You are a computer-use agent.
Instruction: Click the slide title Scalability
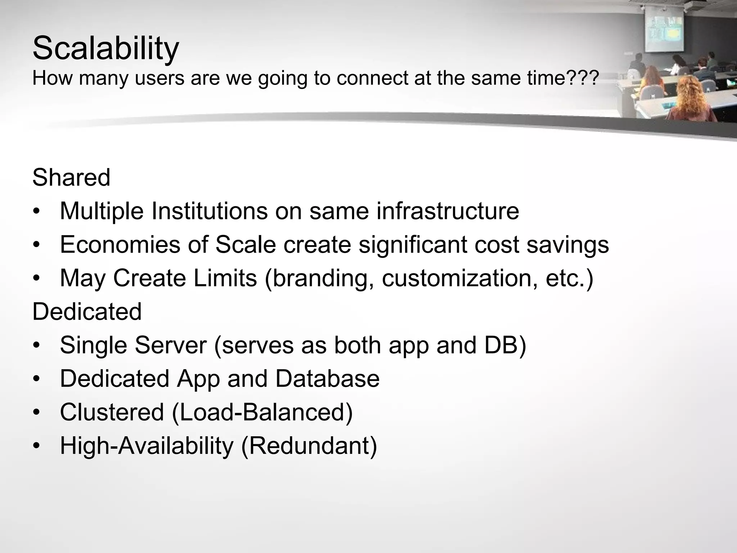pyautogui.click(x=105, y=48)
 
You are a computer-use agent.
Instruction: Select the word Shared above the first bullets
pyautogui.click(x=71, y=177)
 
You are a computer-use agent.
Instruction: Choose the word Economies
pyautogui.click(x=120, y=244)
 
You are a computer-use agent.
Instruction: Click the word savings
pyautogui.click(x=568, y=244)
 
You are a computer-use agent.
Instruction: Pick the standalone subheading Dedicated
pyautogui.click(x=87, y=311)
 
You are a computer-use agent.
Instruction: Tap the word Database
pyautogui.click(x=327, y=379)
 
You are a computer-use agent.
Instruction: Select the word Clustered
pyautogui.click(x=112, y=412)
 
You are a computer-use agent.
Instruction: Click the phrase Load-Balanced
pyautogui.click(x=262, y=412)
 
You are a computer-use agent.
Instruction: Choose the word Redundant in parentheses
pyautogui.click(x=309, y=446)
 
